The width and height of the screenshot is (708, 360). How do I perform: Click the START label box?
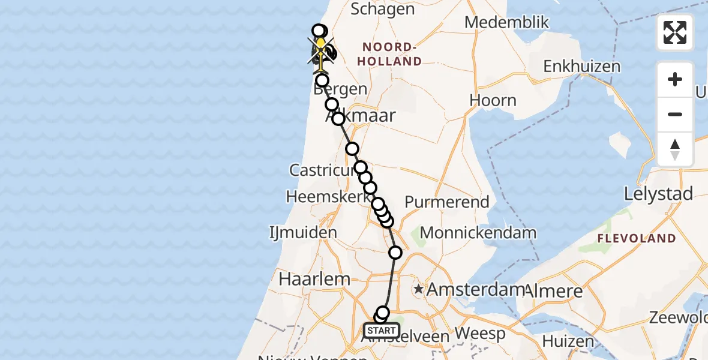tap(382, 331)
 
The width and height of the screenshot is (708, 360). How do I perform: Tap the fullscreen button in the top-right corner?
tap(675, 32)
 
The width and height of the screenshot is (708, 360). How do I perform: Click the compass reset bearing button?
tap(675, 149)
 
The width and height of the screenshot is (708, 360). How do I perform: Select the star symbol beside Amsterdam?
tap(419, 289)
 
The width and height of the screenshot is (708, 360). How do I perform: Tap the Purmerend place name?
tap(447, 202)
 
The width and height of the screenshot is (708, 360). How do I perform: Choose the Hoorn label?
tap(493, 100)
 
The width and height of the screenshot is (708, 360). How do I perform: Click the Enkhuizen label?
tap(581, 66)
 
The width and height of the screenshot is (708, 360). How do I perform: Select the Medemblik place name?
tap(507, 23)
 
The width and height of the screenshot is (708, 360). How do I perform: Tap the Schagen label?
tap(382, 9)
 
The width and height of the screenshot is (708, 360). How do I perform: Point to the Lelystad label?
tap(659, 194)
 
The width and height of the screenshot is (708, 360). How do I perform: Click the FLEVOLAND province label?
tap(636, 238)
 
